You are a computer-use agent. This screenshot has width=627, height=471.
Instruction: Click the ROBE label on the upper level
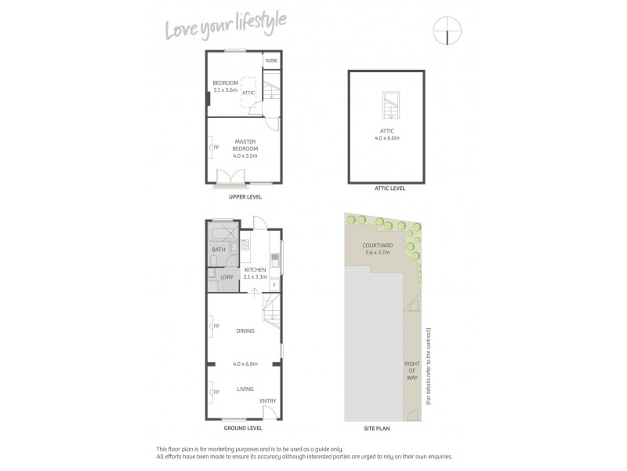(x=271, y=60)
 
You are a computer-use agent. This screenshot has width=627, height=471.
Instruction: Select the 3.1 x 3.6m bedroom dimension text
(x=225, y=90)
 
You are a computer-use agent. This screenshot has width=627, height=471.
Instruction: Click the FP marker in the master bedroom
(x=213, y=147)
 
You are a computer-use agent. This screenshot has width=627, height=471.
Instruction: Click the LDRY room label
(x=226, y=276)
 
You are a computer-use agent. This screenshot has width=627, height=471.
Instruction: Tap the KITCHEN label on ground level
(x=256, y=269)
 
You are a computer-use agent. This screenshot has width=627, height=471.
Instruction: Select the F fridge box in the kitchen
(x=274, y=284)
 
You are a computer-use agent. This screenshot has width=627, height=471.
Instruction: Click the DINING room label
(x=245, y=330)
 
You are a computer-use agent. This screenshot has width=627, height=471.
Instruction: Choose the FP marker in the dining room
(x=216, y=327)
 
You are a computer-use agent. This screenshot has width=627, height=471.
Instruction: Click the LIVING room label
(x=245, y=388)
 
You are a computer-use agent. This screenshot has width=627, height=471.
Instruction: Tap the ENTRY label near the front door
(x=269, y=401)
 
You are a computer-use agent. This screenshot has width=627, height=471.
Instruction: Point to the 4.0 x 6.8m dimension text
(x=245, y=363)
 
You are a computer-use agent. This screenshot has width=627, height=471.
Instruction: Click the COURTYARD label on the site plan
(x=377, y=246)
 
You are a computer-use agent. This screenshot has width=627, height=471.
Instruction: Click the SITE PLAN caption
(x=378, y=429)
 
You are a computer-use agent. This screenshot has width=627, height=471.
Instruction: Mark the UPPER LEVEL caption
(x=245, y=197)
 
